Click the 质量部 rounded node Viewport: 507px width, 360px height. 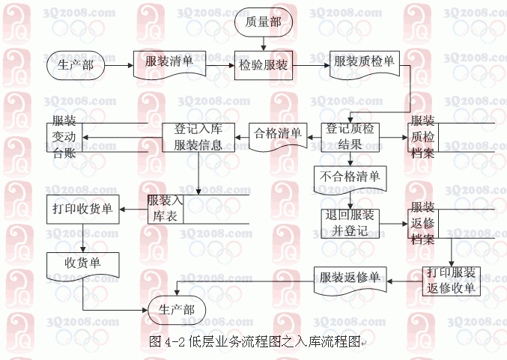[x=263, y=22]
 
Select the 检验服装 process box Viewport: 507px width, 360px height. [x=264, y=65]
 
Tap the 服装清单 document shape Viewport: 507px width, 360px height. [x=170, y=64]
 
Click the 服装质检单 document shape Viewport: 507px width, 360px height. [x=365, y=64]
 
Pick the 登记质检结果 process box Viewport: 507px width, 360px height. [x=350, y=137]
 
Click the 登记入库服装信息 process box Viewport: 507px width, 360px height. [x=198, y=138]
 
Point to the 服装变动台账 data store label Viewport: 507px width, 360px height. [x=64, y=137]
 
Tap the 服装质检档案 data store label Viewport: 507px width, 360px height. [x=422, y=137]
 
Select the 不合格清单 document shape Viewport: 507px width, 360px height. [x=350, y=180]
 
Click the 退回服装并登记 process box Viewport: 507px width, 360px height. [x=350, y=224]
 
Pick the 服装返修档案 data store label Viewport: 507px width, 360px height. [x=422, y=223]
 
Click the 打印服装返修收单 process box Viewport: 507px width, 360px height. [x=452, y=281]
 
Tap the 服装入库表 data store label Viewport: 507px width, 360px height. [x=166, y=209]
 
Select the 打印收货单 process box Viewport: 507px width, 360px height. [x=83, y=209]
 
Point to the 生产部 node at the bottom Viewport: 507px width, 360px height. [x=177, y=310]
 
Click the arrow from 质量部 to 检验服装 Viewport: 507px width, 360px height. [x=264, y=43]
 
